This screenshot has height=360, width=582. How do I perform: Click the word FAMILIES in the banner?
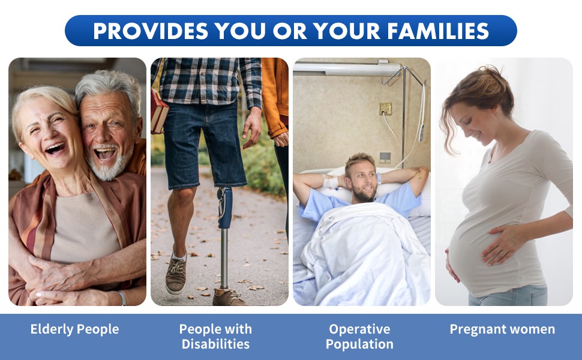(438, 31)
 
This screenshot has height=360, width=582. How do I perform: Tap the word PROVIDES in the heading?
(151, 31)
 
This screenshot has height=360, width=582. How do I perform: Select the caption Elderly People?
(74, 329)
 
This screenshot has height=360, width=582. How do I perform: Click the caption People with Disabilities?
(215, 336)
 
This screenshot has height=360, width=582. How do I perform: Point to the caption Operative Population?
(359, 336)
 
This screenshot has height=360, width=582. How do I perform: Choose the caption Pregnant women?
(502, 329)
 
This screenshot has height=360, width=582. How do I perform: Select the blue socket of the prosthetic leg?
(225, 208)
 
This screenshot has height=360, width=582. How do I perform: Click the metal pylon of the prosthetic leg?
(224, 259)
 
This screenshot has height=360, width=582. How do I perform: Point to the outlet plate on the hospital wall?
(385, 109)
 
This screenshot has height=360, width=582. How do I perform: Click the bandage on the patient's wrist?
(331, 181)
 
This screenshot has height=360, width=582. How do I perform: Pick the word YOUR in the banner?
(347, 31)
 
